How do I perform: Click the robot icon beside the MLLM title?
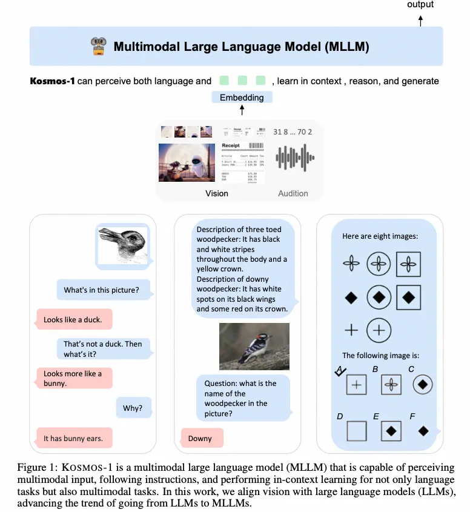point(98,46)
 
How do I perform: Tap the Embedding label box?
point(242,97)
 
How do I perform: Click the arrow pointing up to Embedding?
point(242,110)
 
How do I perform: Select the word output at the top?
point(420,5)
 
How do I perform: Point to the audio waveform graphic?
point(295,158)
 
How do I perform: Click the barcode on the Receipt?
point(257,146)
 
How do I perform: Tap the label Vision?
point(216,193)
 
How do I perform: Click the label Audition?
point(293,193)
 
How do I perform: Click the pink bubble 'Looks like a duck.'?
point(73,319)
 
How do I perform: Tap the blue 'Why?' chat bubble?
point(132,408)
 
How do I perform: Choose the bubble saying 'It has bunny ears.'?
point(73,438)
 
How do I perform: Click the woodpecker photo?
point(254,346)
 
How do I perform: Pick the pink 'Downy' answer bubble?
point(200,438)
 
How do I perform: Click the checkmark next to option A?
point(340,371)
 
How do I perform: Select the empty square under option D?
point(357,431)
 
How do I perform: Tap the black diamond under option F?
point(423,431)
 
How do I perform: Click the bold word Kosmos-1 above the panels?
point(52,81)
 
